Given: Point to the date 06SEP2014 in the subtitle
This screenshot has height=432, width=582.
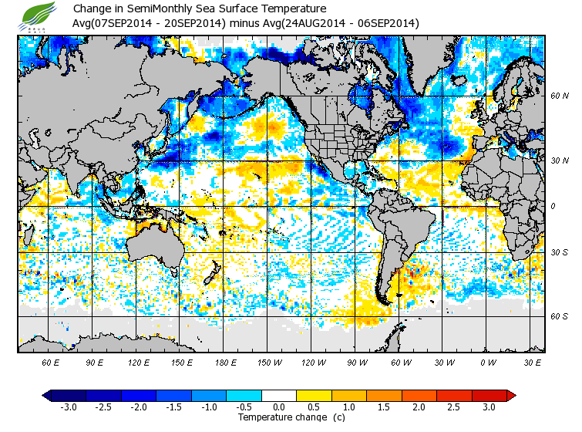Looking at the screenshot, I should [x=389, y=23].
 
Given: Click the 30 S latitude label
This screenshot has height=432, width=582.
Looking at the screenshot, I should [x=559, y=252].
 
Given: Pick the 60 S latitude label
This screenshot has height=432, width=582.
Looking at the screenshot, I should [x=559, y=316].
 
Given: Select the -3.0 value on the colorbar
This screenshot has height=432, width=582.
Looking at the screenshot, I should [x=68, y=407].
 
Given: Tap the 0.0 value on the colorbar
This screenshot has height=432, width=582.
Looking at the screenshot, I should [x=279, y=407].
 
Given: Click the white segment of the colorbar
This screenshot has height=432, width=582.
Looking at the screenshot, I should [x=279, y=396].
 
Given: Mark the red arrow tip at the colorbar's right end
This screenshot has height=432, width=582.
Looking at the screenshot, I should [x=512, y=396].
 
